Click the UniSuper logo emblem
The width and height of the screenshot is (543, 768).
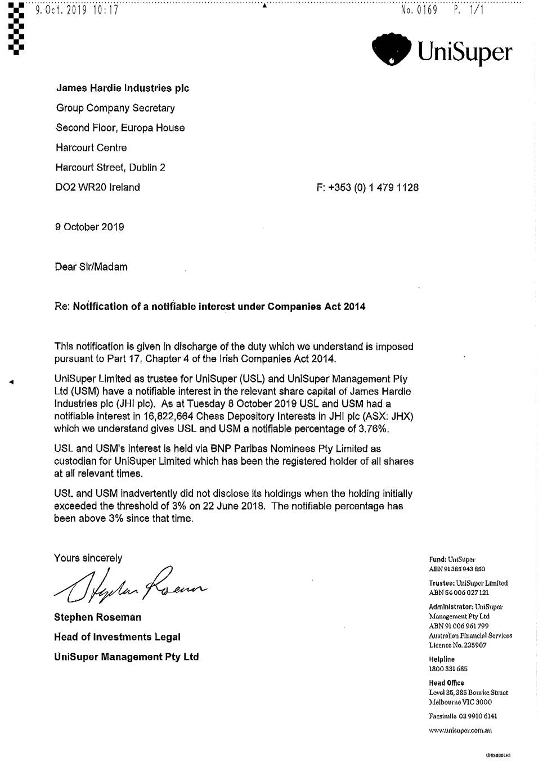pyautogui.click(x=392, y=49)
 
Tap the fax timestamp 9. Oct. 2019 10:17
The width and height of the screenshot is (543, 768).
pyautogui.click(x=77, y=10)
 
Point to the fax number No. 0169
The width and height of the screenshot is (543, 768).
pyautogui.click(x=419, y=10)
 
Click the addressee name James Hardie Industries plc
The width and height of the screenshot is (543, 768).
pyautogui.click(x=123, y=88)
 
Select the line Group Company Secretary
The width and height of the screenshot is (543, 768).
pyautogui.click(x=115, y=108)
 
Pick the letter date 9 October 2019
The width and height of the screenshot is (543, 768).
pyautogui.click(x=89, y=227)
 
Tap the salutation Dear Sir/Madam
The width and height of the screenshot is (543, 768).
pyautogui.click(x=91, y=267)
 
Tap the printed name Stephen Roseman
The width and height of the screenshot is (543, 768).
pyautogui.click(x=97, y=617)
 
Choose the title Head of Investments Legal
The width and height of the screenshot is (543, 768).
pyautogui.click(x=117, y=637)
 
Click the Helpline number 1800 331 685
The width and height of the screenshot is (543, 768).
pyautogui.click(x=448, y=669)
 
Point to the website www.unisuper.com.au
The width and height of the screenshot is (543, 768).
pyautogui.click(x=460, y=730)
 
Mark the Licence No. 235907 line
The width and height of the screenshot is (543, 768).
pyautogui.click(x=457, y=645)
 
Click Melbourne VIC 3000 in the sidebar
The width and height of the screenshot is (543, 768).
pyautogui.click(x=460, y=702)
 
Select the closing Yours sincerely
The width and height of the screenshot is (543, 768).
pyautogui.click(x=88, y=558)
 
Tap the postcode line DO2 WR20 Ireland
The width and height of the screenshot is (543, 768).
pyautogui.click(x=97, y=187)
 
